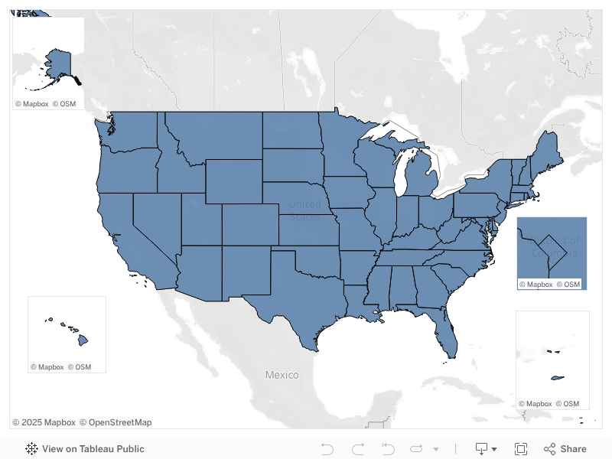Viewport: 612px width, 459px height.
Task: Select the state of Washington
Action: [130, 130]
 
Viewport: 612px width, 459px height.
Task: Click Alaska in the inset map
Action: [57, 66]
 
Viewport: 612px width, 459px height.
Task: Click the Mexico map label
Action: [282, 375]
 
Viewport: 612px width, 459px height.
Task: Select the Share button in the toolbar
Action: [565, 449]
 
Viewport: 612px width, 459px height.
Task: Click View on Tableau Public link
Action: [85, 449]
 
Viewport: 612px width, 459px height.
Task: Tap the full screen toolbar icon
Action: [521, 449]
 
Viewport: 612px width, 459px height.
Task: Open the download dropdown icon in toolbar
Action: [486, 449]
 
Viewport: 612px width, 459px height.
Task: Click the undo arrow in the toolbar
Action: [327, 449]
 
